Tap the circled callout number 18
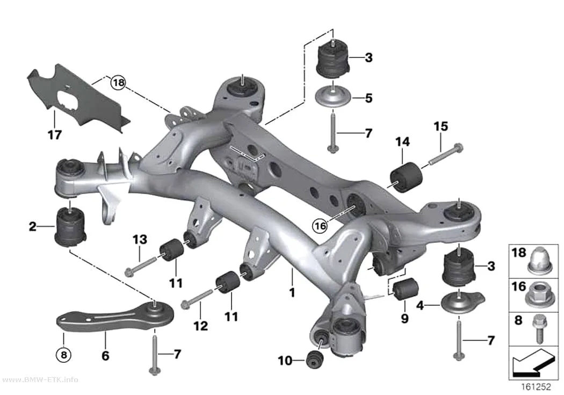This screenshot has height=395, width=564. click(x=118, y=83)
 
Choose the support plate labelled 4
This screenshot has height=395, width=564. click(x=462, y=301)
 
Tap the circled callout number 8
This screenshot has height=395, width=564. click(x=63, y=355)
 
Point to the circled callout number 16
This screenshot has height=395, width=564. click(x=320, y=226)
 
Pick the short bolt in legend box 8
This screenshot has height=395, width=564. click(x=539, y=328)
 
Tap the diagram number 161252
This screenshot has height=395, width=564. click(x=536, y=387)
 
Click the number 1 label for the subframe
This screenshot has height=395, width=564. click(x=292, y=292)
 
